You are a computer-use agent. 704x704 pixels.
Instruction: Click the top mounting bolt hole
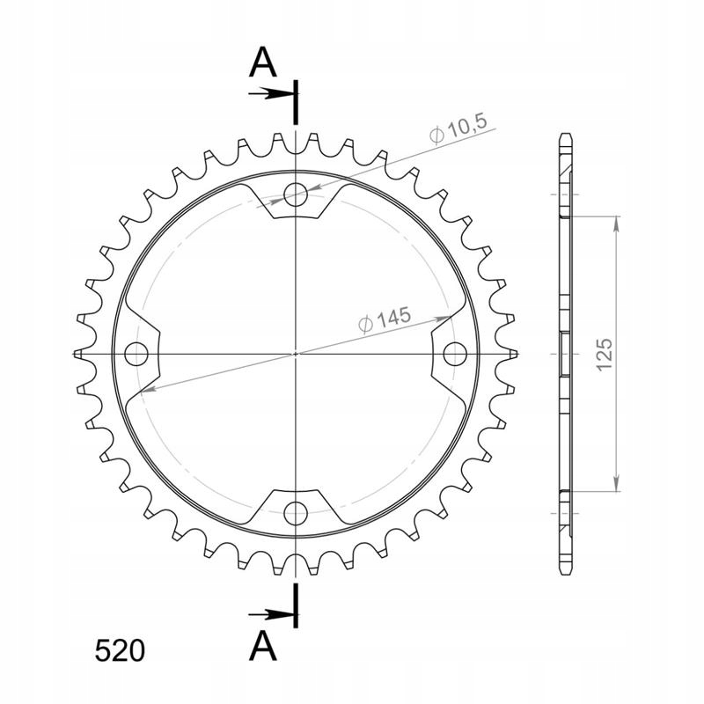[x=296, y=194]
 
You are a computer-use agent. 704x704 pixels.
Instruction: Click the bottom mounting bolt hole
[x=296, y=513]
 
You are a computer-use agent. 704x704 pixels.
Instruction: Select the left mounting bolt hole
[x=136, y=354]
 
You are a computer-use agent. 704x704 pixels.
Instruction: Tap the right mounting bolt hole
[x=455, y=354]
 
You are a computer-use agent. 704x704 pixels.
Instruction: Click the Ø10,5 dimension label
[x=458, y=130]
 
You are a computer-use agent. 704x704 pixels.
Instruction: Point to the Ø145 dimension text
[x=385, y=319]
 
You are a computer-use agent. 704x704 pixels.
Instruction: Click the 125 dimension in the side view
[x=605, y=355]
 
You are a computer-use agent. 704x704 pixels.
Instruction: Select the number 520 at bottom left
[x=120, y=650]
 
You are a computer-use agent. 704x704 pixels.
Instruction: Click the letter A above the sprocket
[x=262, y=62]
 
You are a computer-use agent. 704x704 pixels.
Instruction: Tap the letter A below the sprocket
[x=262, y=645]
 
